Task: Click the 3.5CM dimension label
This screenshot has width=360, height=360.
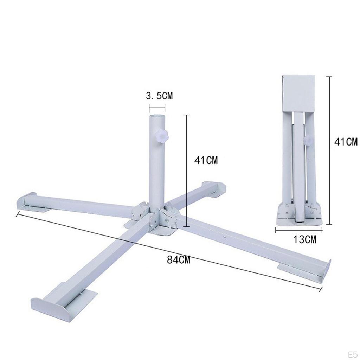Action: (x=159, y=96)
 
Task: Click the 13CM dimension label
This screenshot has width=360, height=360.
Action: (x=305, y=240)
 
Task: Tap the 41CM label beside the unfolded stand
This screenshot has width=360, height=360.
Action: (x=206, y=160)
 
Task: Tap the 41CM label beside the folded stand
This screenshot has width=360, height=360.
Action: (x=346, y=142)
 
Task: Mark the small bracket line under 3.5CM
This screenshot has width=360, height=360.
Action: (x=157, y=107)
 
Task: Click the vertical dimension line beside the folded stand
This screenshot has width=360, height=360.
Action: (x=329, y=150)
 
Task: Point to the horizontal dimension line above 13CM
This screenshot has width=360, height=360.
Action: (x=299, y=230)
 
